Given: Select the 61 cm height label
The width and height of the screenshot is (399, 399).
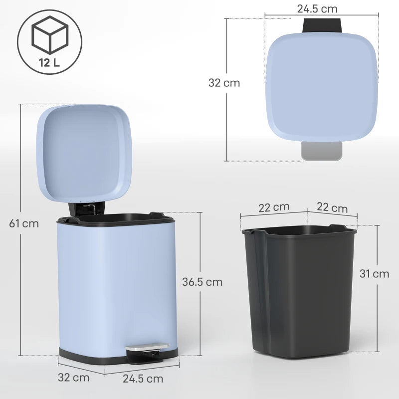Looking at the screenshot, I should coord(24,223).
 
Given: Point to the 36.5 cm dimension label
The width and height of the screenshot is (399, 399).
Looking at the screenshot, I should coord(202,282).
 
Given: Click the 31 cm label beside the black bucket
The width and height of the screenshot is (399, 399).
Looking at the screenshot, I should coord(374,273).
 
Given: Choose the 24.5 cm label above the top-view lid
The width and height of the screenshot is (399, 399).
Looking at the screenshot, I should coord(317,9).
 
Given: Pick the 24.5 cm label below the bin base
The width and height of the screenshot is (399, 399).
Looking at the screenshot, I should coord(143,379).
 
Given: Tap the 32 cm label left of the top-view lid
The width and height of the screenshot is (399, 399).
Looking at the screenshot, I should coord(224,83).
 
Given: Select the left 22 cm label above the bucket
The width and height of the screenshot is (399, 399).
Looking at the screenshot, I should coord(273,207).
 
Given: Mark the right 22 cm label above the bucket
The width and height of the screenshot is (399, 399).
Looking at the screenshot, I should coord(332,207).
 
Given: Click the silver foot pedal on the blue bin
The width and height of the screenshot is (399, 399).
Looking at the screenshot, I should coord(147,346).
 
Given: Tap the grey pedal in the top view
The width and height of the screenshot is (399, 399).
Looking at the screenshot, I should coord(322,151).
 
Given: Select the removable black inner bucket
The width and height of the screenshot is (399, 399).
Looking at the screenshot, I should coord(299,289).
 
